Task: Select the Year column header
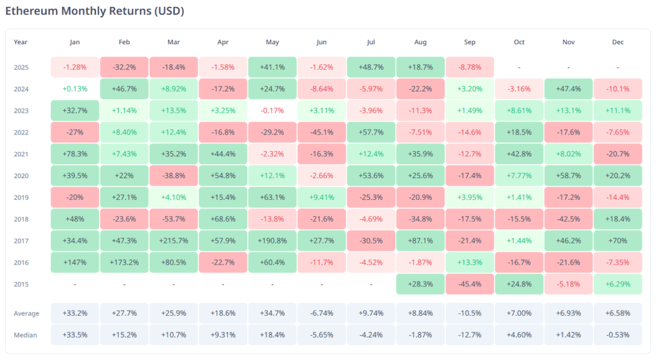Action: [21, 42]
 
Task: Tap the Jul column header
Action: [371, 42]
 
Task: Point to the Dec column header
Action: [618, 42]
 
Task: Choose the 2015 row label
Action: [22, 284]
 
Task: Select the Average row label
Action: [26, 313]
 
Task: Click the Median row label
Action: [25, 334]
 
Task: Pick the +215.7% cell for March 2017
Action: [174, 241]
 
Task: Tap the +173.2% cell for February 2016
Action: [124, 263]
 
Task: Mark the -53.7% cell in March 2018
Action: [174, 219]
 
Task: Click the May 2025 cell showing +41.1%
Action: [272, 67]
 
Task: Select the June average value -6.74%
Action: [322, 313]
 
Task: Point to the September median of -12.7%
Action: [470, 334]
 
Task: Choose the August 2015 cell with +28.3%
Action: [420, 284]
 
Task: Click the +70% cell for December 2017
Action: [618, 241]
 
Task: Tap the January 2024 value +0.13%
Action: [75, 89]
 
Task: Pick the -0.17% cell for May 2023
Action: [272, 111]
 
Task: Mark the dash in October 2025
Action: [519, 67]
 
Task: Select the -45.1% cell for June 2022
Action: [322, 133]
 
